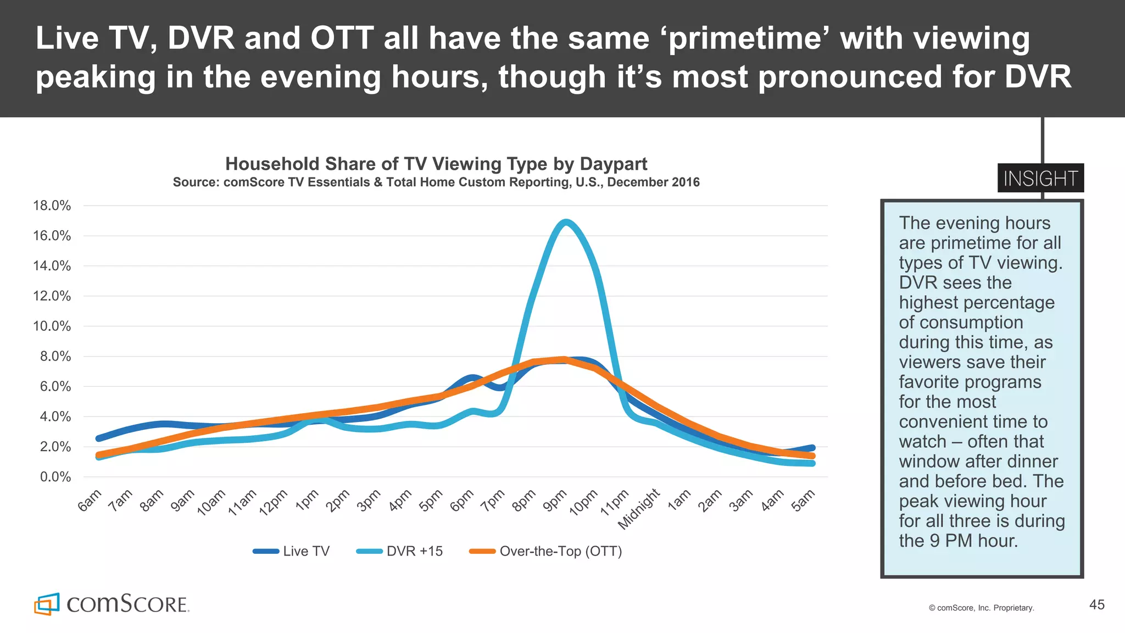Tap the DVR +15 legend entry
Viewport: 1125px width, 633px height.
pyautogui.click(x=400, y=551)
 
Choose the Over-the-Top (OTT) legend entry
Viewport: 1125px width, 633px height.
pyautogui.click(x=546, y=551)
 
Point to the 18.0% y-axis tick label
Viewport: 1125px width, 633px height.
pyautogui.click(x=52, y=206)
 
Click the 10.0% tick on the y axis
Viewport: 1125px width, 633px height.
pyautogui.click(x=52, y=326)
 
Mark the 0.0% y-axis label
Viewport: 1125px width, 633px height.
pyautogui.click(x=55, y=477)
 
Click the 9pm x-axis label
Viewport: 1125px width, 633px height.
pyautogui.click(x=555, y=501)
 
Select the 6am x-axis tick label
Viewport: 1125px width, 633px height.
pyautogui.click(x=90, y=501)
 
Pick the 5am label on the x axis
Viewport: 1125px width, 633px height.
pyautogui.click(x=803, y=501)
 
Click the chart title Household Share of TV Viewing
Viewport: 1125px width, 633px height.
pyautogui.click(x=436, y=164)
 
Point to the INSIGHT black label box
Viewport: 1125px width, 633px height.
pyautogui.click(x=1040, y=178)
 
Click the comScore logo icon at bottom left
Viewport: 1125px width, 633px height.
pyautogui.click(x=47, y=604)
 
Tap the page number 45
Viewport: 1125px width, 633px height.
pyautogui.click(x=1096, y=605)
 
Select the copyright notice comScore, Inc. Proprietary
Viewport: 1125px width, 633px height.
pyautogui.click(x=982, y=608)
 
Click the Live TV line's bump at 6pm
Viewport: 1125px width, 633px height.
pyautogui.click(x=472, y=377)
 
